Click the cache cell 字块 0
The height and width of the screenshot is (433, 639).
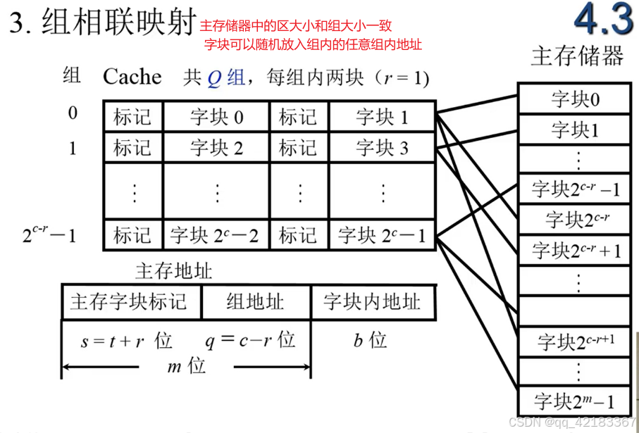[x=217, y=117]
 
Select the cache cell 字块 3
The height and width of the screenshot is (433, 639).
[x=382, y=148]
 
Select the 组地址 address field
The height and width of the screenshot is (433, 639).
[x=255, y=303]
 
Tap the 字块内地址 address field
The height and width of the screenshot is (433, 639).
[x=371, y=303]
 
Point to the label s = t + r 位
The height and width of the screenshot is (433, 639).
[x=125, y=341]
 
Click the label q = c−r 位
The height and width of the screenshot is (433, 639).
[x=249, y=340]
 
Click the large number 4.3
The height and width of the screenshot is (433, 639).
[x=603, y=21]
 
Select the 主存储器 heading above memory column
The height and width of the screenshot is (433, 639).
[x=576, y=56]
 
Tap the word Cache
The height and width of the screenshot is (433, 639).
[x=132, y=77]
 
